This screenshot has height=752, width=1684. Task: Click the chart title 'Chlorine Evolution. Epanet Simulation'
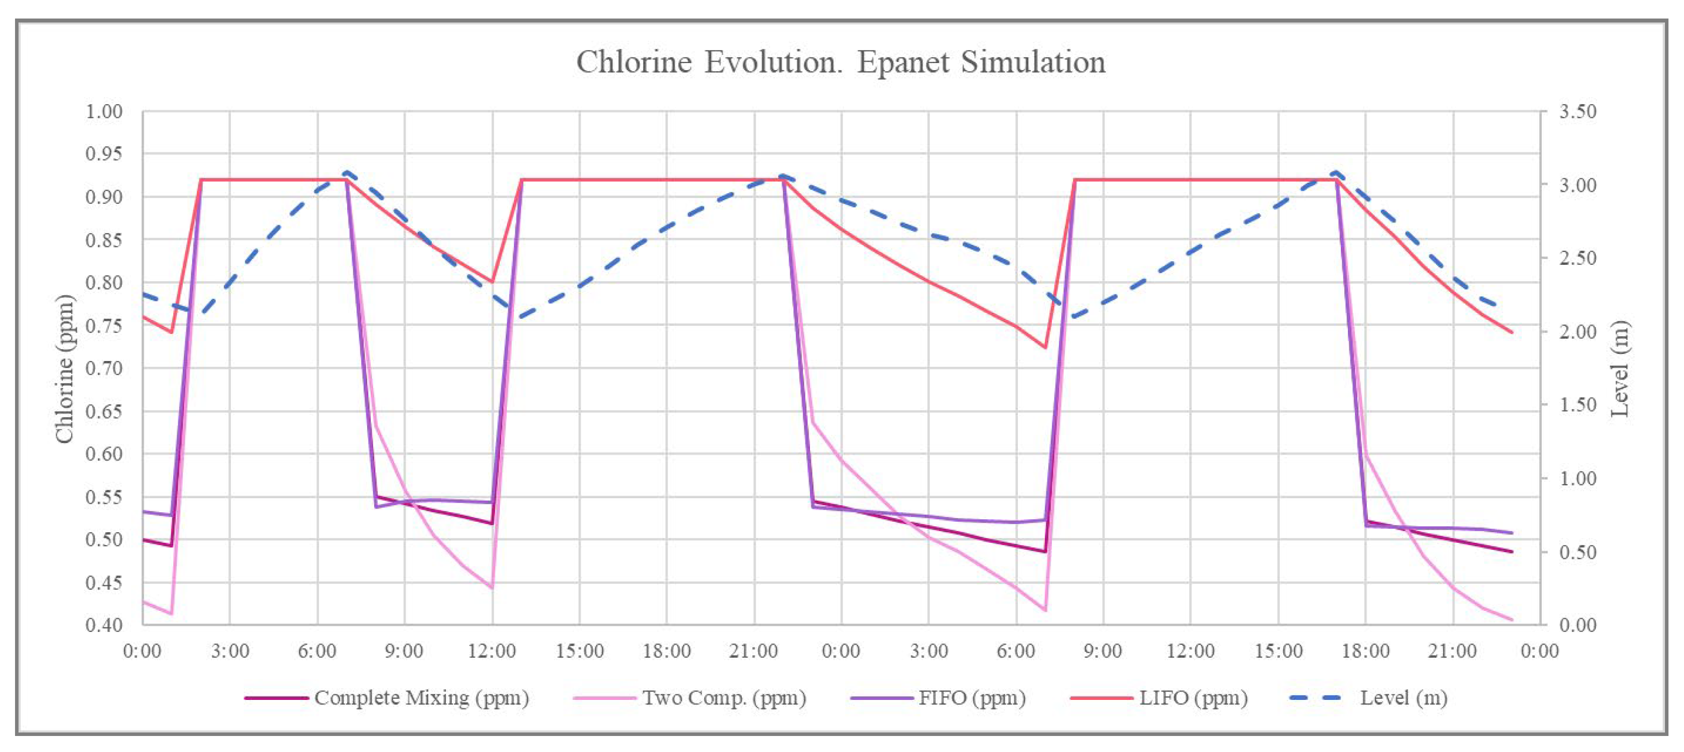(840, 63)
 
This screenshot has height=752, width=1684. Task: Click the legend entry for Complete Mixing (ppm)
(420, 698)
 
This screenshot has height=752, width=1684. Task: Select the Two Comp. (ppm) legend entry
(724, 698)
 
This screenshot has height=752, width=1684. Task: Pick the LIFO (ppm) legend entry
(1193, 698)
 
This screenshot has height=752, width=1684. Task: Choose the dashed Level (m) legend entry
(1403, 698)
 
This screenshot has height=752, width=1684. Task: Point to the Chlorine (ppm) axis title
(64, 368)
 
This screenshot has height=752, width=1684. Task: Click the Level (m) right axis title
(1620, 368)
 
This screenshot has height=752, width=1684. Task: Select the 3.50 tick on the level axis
(1577, 112)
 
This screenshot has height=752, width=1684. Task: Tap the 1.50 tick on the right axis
(1577, 405)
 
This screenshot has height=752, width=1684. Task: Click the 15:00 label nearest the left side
(579, 651)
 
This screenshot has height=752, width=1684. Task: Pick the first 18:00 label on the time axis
(666, 651)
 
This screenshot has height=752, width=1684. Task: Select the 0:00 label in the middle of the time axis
(840, 651)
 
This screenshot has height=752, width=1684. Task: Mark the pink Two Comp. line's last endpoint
(1512, 620)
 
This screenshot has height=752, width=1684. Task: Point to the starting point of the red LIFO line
(143, 317)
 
